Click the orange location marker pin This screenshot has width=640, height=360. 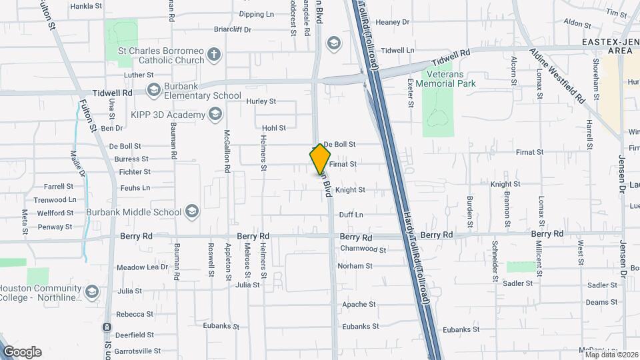pyautogui.click(x=320, y=159)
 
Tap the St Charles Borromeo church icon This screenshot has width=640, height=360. pyautogui.click(x=213, y=55)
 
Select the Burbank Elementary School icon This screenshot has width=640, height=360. pyautogui.click(x=153, y=89)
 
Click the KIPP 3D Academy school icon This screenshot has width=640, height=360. pyautogui.click(x=215, y=115)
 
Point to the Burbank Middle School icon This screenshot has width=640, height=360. pyautogui.click(x=192, y=212)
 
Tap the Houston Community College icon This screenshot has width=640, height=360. pyautogui.click(x=92, y=292)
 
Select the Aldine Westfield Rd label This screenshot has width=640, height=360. pyautogui.click(x=557, y=75)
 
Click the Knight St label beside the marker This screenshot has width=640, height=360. pyautogui.click(x=350, y=190)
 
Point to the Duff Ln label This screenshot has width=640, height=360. pyautogui.click(x=351, y=215)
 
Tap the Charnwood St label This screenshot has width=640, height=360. pyautogui.click(x=363, y=249)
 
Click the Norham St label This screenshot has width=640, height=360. pyautogui.click(x=355, y=266)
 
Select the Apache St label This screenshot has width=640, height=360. pyautogui.click(x=359, y=305)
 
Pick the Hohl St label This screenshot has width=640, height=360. pyautogui.click(x=273, y=127)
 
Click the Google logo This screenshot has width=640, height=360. pyautogui.click(x=22, y=351)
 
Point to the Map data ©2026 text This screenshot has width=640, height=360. pyautogui.click(x=611, y=354)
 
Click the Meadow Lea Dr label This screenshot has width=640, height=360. pyautogui.click(x=143, y=267)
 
